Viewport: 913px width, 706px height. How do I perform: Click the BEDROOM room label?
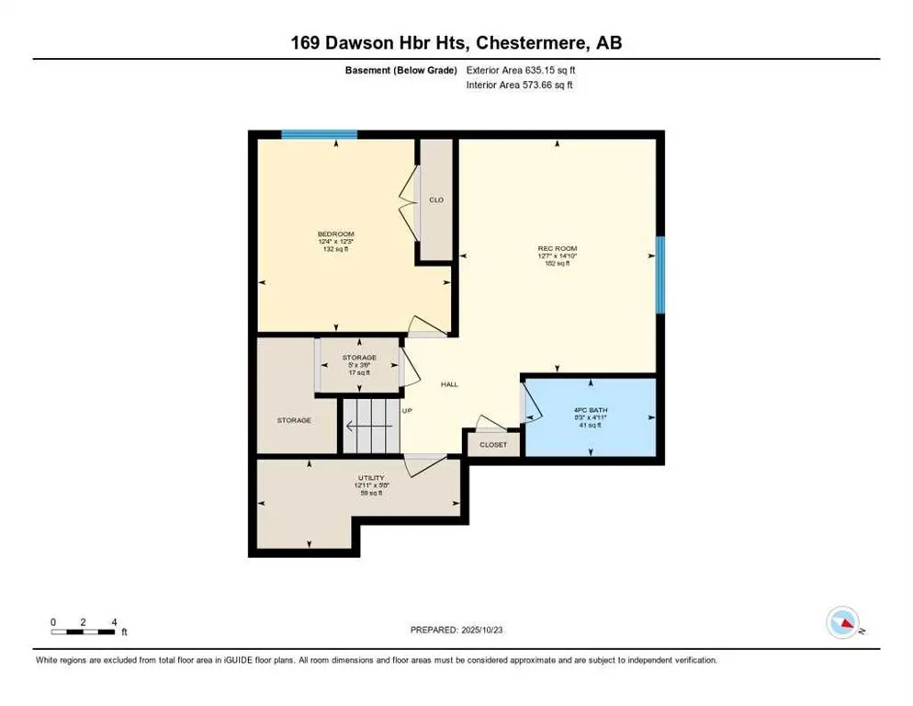click(334, 234)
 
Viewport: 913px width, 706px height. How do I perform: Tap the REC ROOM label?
click(557, 248)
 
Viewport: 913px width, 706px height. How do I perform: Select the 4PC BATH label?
click(592, 410)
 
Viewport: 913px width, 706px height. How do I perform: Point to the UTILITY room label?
click(370, 479)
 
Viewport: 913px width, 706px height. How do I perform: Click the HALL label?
click(450, 385)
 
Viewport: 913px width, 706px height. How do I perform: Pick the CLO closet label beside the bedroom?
click(436, 199)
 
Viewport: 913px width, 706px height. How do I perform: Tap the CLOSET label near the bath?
click(493, 444)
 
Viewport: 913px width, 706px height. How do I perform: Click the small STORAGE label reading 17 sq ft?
click(359, 358)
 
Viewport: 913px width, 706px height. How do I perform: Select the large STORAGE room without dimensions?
click(294, 420)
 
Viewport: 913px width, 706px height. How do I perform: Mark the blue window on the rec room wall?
click(659, 274)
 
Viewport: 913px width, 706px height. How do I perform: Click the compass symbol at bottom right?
click(842, 622)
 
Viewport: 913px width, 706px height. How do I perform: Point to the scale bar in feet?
click(84, 631)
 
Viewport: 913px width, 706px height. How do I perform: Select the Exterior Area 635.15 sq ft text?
click(521, 70)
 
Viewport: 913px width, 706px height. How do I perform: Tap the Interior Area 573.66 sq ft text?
click(520, 85)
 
